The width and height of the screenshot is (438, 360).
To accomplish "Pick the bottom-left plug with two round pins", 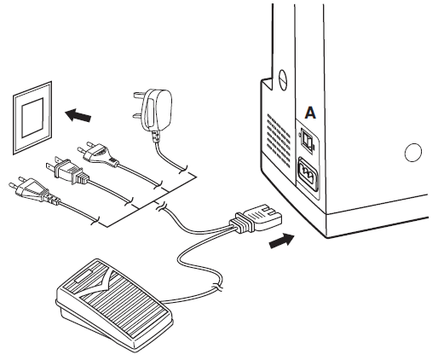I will click(29, 189).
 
